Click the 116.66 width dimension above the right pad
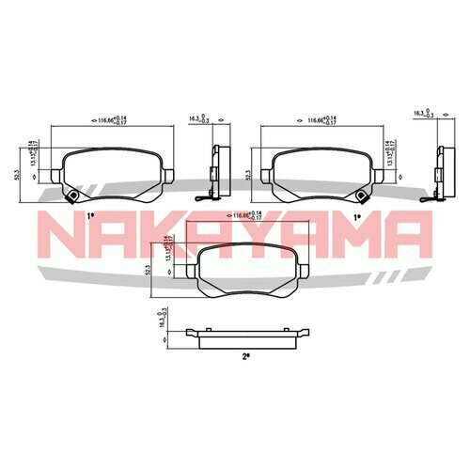(314, 120)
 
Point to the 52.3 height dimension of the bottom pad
(149, 271)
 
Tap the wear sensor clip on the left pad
(71, 195)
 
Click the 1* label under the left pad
(90, 217)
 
